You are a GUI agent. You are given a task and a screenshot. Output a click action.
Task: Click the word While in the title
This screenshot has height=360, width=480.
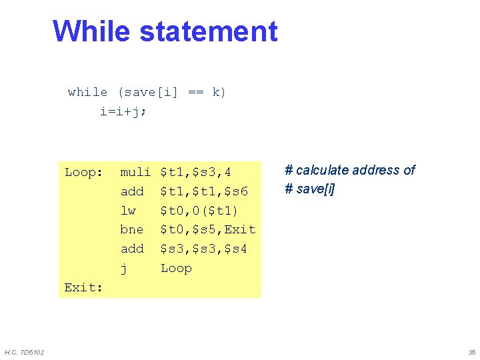click(91, 31)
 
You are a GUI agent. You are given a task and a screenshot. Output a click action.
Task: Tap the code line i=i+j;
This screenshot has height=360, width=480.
click(123, 111)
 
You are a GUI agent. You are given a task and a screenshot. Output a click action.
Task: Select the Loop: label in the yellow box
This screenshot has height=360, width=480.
click(83, 173)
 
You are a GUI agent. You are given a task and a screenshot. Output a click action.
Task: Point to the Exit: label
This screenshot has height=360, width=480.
click(83, 287)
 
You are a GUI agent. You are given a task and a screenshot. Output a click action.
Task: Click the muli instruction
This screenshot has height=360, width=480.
click(135, 173)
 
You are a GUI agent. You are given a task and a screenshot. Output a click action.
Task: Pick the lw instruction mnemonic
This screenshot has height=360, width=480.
click(128, 211)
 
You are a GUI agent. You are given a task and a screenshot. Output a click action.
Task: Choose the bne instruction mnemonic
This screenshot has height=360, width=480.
click(131, 229)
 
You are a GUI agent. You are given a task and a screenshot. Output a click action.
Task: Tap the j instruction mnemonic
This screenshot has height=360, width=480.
click(123, 268)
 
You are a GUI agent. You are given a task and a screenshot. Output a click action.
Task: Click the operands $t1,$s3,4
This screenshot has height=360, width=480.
click(196, 173)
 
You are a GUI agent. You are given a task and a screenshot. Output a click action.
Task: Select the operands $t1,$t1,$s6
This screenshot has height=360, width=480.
click(204, 192)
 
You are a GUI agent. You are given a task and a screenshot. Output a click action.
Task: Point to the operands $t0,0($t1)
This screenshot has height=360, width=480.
click(199, 211)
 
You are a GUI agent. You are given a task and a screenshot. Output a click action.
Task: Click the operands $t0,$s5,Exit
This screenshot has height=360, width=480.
click(208, 229)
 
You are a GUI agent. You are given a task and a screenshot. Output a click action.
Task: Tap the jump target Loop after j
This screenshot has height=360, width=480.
click(176, 268)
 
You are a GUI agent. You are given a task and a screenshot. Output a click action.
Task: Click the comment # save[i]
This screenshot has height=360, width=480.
click(310, 189)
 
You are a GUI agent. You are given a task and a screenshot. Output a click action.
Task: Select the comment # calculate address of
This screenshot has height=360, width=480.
click(350, 170)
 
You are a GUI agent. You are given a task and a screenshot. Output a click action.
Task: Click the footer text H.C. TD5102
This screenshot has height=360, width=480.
click(24, 351)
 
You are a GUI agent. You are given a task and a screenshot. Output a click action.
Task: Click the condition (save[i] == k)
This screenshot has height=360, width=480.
click(172, 92)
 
